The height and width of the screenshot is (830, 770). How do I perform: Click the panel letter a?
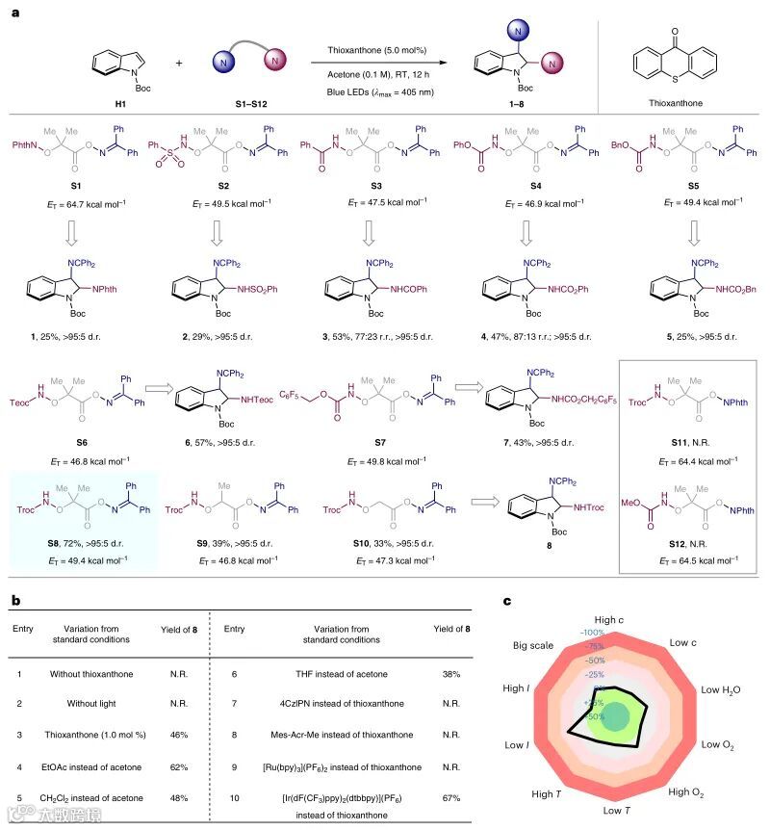pyautogui.click(x=15, y=13)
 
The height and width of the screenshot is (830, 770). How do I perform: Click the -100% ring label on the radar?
pyautogui.click(x=593, y=632)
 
